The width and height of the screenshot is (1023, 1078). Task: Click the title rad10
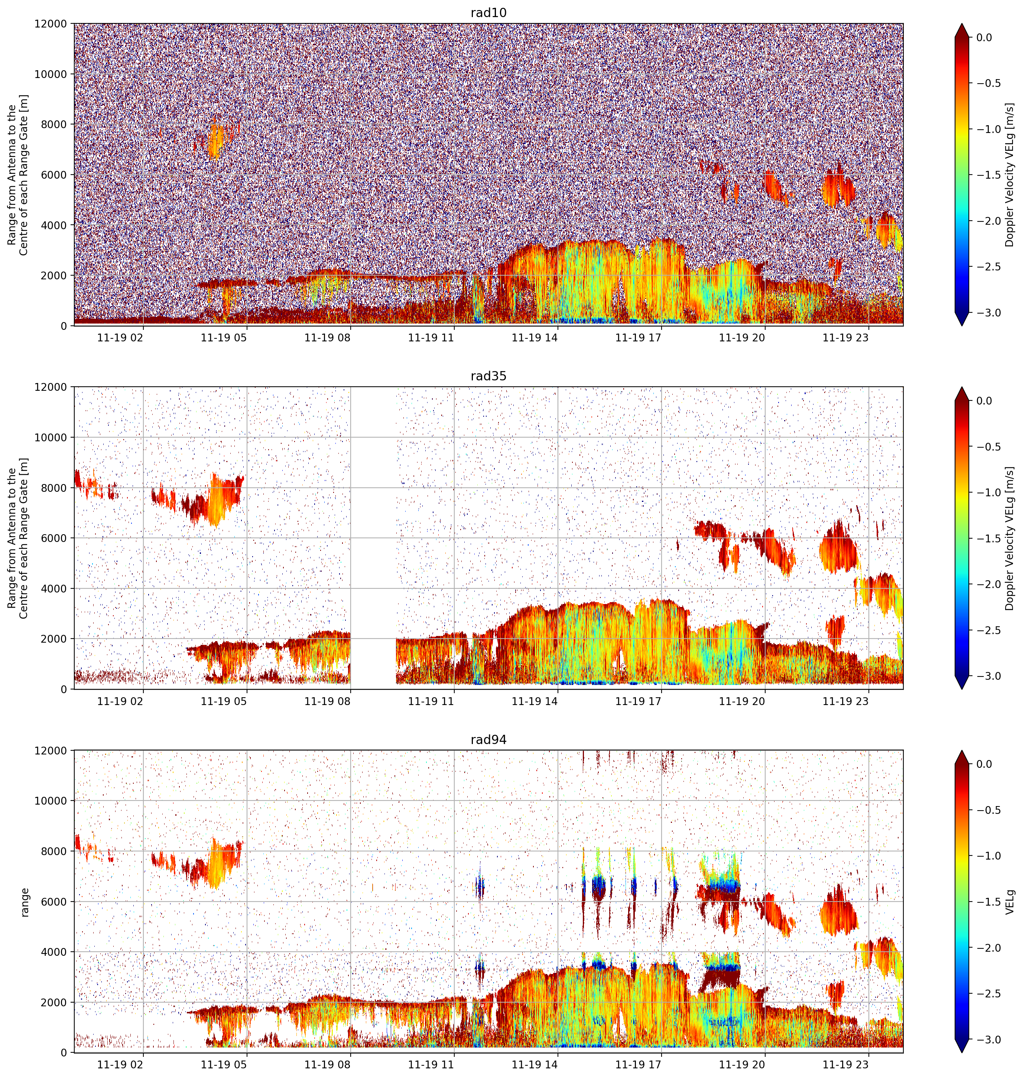(x=488, y=13)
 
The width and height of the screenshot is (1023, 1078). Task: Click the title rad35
(x=488, y=376)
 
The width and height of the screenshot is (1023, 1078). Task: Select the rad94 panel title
(x=488, y=740)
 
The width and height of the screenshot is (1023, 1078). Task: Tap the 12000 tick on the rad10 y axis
(x=51, y=24)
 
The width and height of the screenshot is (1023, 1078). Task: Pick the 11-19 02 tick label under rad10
(x=120, y=338)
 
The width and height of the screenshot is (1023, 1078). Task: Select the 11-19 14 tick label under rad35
(x=535, y=701)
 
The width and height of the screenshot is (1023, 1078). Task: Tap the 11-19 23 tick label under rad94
(x=845, y=1064)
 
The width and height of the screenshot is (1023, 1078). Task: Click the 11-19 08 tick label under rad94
(x=327, y=1064)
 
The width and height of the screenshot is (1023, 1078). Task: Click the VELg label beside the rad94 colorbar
(x=1010, y=902)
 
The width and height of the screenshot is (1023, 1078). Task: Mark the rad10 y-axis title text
(x=18, y=175)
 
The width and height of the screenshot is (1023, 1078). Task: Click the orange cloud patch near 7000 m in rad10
(x=216, y=141)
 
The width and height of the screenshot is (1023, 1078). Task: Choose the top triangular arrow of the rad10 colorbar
(x=962, y=30)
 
